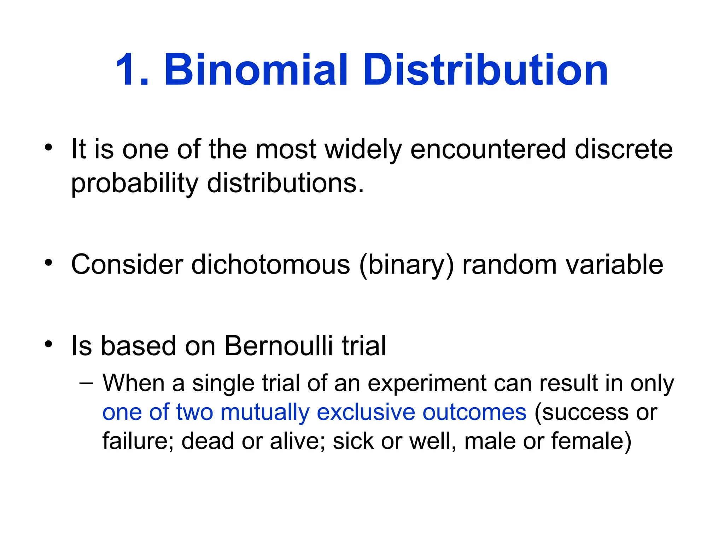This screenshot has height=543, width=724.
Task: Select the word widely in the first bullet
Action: click(363, 150)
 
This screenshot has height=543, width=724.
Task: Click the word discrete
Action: click(624, 149)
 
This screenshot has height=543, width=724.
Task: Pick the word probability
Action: click(135, 184)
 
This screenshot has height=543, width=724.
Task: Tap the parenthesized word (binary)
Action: click(406, 265)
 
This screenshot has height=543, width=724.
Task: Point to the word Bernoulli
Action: click(278, 345)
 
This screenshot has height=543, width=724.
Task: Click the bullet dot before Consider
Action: click(48, 263)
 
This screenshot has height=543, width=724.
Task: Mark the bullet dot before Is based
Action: click(48, 344)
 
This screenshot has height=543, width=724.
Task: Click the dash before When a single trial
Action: click(87, 383)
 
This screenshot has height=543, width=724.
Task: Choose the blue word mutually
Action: click(265, 413)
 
